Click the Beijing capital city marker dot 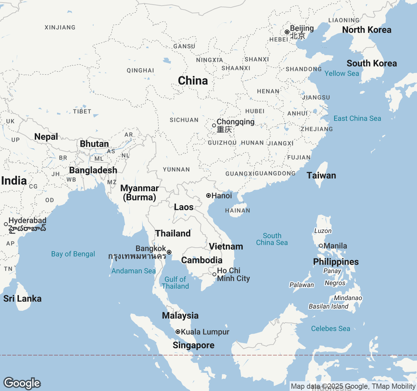pyautogui.click(x=287, y=32)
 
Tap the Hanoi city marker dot pyautogui.click(x=208, y=195)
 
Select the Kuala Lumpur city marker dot pyautogui.click(x=178, y=332)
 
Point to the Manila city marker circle pyautogui.click(x=321, y=246)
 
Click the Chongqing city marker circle pyautogui.click(x=214, y=125)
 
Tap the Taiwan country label pyautogui.click(x=321, y=175)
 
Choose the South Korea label pyautogui.click(x=372, y=63)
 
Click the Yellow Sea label pyautogui.click(x=341, y=74)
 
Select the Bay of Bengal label pyautogui.click(x=73, y=254)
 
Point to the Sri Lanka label pyautogui.click(x=22, y=298)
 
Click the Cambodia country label pyautogui.click(x=202, y=260)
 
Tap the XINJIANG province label pyautogui.click(x=60, y=27)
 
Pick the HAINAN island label pyautogui.click(x=237, y=210)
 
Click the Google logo pyautogui.click(x=22, y=383)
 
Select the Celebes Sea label pyautogui.click(x=330, y=328)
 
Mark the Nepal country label pyautogui.click(x=46, y=137)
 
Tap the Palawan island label pyautogui.click(x=302, y=285)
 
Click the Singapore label pyautogui.click(x=194, y=345)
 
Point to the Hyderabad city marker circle pyautogui.click(x=6, y=224)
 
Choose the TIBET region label pyautogui.click(x=82, y=111)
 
